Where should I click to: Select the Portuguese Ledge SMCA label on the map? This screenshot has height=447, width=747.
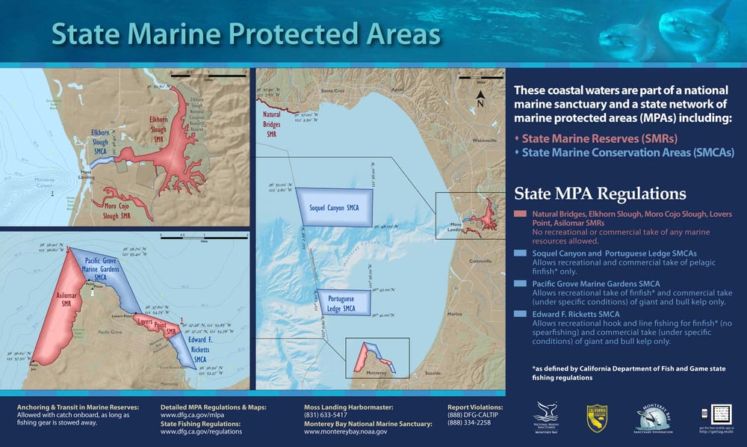pos(344,303)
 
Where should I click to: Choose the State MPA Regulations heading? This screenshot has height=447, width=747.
pos(600,194)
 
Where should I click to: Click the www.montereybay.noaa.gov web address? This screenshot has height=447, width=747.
pos(345,432)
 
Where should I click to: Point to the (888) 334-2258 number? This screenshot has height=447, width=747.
pos(468,423)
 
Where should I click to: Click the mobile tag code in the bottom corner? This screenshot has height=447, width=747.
pos(721,414)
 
